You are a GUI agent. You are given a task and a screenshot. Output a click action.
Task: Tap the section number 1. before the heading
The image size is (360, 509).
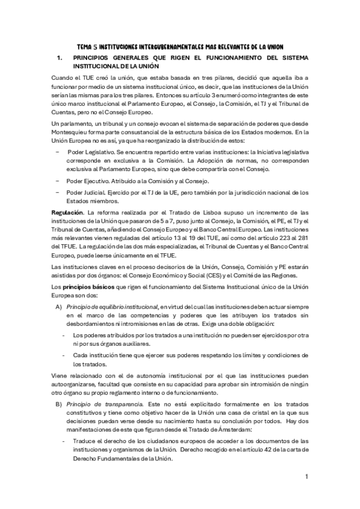[59, 58]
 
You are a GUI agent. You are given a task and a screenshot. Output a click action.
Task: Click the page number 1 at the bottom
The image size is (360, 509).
[306, 477]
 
